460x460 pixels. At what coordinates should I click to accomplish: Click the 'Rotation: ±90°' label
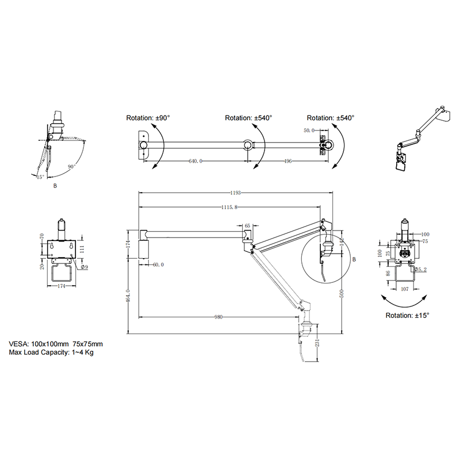tap(148, 118)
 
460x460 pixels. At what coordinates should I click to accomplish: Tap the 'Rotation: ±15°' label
tap(408, 315)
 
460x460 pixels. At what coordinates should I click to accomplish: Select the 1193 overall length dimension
tap(236, 193)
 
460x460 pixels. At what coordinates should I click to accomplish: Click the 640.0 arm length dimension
tap(196, 162)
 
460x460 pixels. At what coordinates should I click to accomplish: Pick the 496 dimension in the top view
tap(287, 162)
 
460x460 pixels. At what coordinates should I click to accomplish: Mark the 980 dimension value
tap(218, 317)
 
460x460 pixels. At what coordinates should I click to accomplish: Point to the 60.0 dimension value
tap(158, 265)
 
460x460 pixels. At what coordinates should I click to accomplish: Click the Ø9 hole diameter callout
tap(84, 267)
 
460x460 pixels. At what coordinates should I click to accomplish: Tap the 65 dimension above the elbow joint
tap(247, 226)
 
